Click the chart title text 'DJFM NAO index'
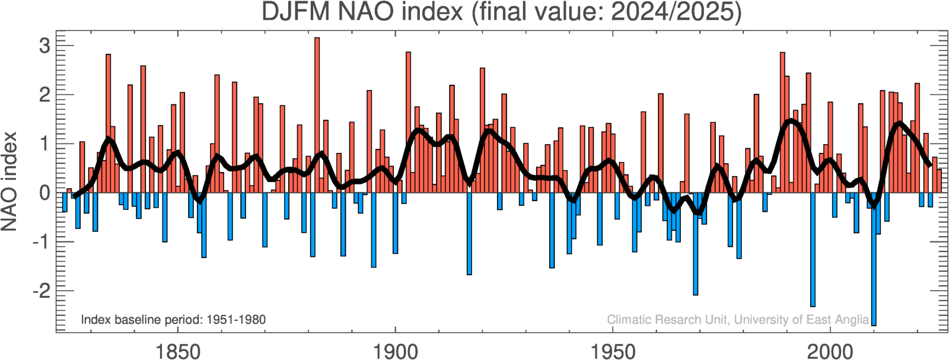click(x=362, y=12)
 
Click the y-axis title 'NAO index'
click(x=9, y=181)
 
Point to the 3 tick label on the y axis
click(x=44, y=46)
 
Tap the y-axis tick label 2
click(x=44, y=95)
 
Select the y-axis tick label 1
click(x=44, y=144)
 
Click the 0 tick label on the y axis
click(x=44, y=193)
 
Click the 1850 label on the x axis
click(x=177, y=351)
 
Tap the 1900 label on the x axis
click(x=395, y=351)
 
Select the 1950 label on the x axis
click(x=613, y=351)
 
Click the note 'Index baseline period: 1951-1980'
click(x=173, y=320)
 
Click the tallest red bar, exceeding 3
click(x=317, y=113)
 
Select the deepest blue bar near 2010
click(x=874, y=261)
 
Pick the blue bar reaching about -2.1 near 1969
click(x=695, y=243)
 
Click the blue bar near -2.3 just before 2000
click(x=813, y=249)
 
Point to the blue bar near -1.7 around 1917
click(x=469, y=234)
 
